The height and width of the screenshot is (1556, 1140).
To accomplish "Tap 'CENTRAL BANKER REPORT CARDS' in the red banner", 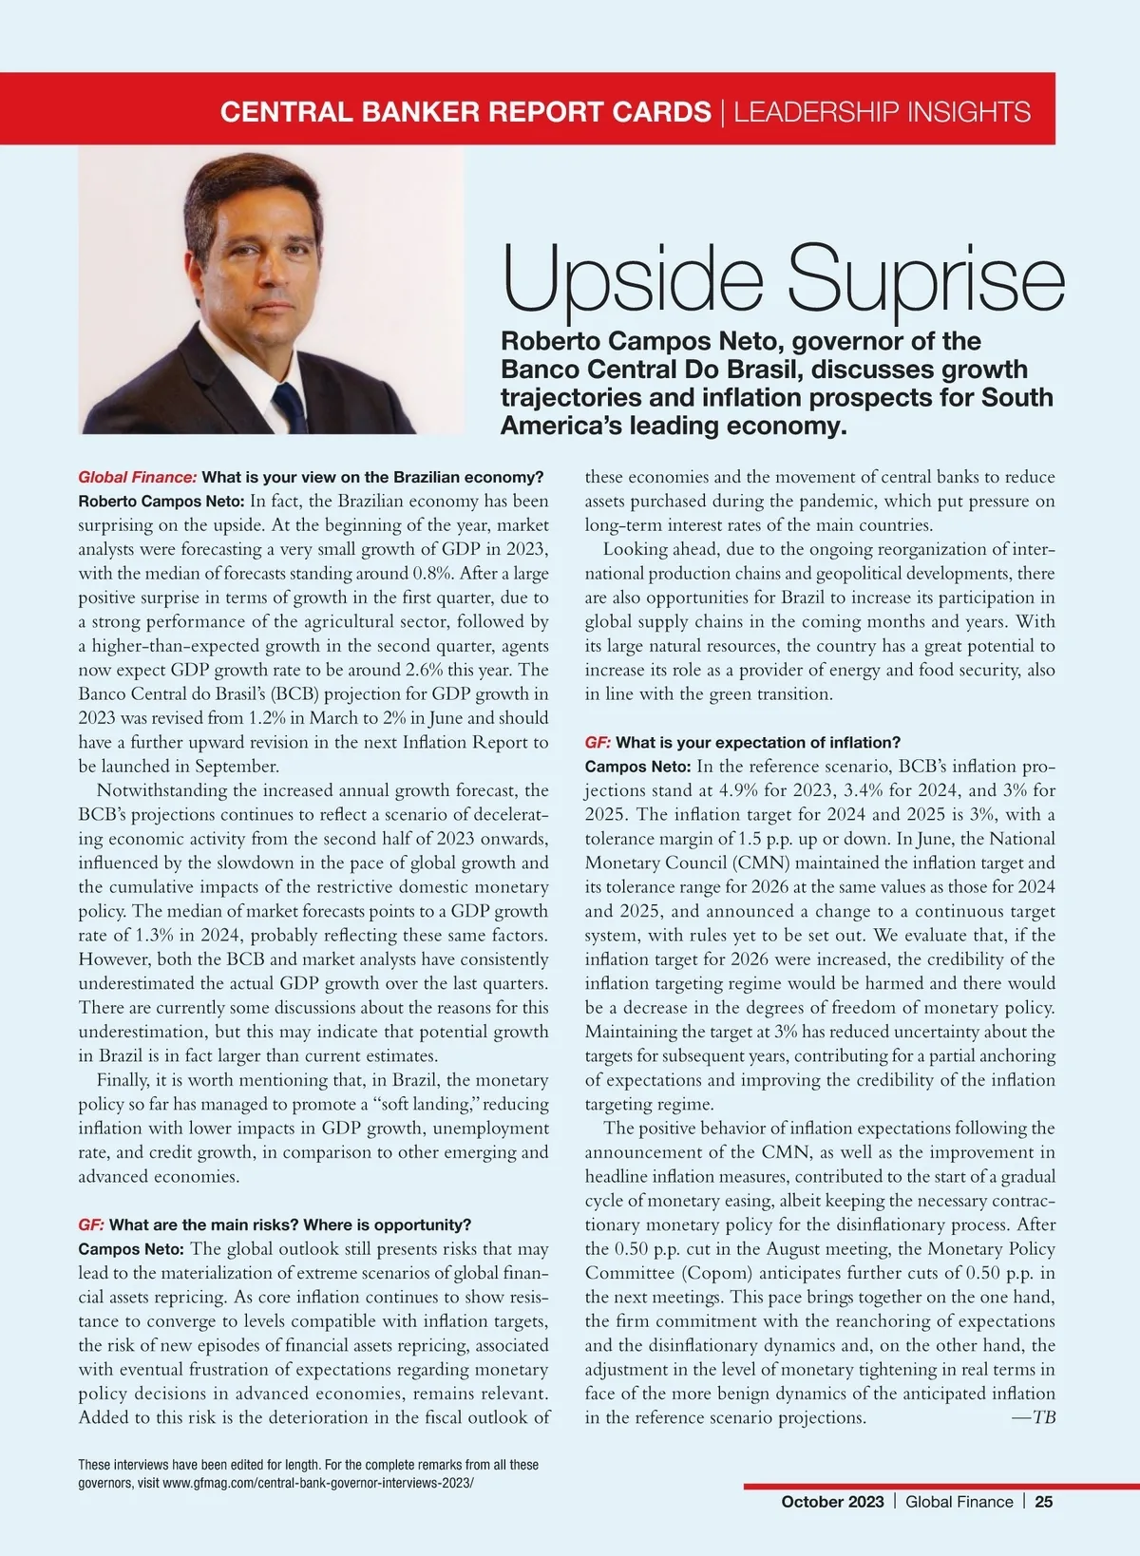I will click(x=465, y=112).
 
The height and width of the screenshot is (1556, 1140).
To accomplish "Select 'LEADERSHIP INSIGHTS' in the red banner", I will click(x=883, y=112).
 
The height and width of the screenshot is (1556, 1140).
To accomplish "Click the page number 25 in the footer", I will click(x=1044, y=1502).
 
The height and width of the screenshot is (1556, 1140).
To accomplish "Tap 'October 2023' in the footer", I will click(x=832, y=1502).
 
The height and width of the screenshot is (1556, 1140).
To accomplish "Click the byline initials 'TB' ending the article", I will click(x=1044, y=1418).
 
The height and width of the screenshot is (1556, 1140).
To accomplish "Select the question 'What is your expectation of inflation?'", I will click(x=758, y=742).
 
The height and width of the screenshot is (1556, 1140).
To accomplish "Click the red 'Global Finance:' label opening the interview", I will click(x=137, y=477).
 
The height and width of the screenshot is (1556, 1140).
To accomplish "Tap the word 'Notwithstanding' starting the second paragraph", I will click(x=162, y=790).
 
